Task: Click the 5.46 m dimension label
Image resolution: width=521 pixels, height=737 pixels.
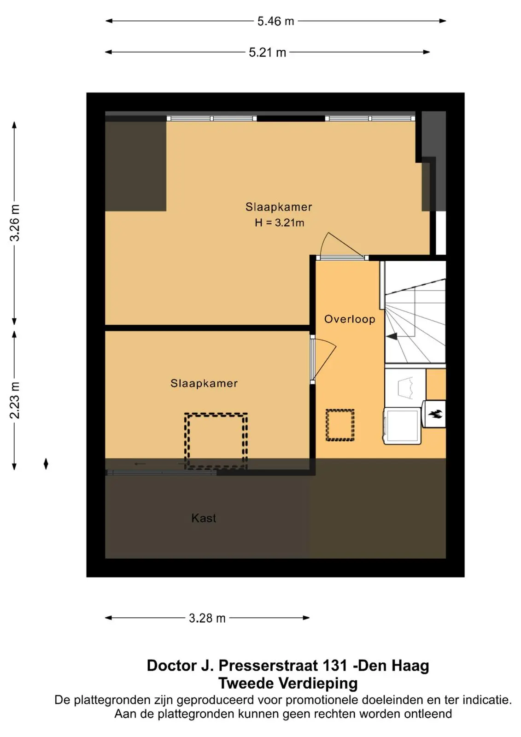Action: (x=275, y=21)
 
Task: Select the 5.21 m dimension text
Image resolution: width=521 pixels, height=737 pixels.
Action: (x=267, y=53)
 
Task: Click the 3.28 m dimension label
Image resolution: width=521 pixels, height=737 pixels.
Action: (x=207, y=618)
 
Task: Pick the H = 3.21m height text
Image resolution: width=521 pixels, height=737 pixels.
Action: (x=279, y=223)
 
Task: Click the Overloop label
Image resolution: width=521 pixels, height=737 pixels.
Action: (x=350, y=319)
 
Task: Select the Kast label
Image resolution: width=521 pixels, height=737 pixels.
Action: (x=204, y=518)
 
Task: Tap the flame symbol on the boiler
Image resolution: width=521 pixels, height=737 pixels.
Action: (x=435, y=414)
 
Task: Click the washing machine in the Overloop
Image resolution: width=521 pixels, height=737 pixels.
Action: (x=402, y=426)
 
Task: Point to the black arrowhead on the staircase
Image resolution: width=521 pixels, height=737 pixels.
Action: (x=392, y=336)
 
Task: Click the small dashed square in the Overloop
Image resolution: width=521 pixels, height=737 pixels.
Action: (x=340, y=425)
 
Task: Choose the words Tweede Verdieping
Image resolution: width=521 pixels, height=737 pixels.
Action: (x=288, y=684)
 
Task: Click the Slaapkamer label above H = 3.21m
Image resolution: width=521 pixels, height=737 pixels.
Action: (x=278, y=207)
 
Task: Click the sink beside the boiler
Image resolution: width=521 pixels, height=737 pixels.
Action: (x=405, y=388)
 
